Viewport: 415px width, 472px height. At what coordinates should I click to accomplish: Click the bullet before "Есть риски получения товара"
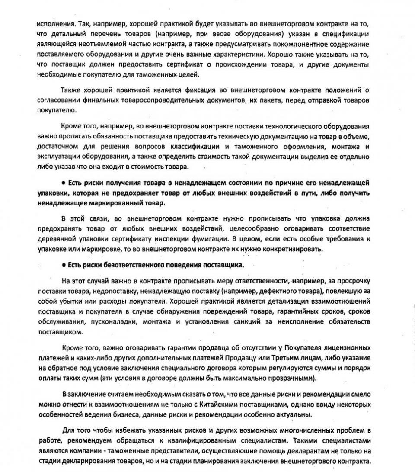63,183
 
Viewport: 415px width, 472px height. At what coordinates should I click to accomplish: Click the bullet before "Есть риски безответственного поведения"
63,265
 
